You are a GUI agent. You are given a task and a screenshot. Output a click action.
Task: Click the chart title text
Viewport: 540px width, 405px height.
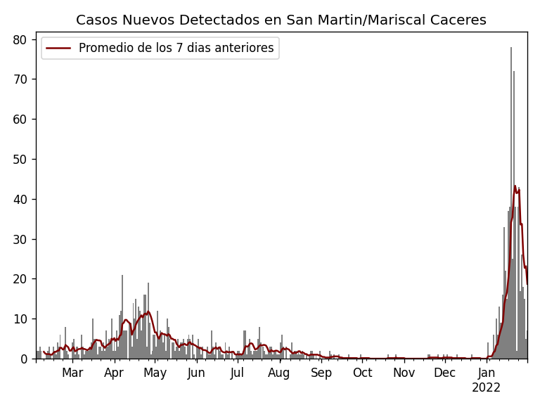[x=281, y=20]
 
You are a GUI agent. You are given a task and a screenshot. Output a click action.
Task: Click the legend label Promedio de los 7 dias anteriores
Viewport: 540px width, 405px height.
[x=176, y=49]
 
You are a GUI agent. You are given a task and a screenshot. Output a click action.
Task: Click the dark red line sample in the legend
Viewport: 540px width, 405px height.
[x=59, y=49]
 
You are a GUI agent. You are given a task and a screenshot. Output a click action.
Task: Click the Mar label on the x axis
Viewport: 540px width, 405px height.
[x=72, y=373]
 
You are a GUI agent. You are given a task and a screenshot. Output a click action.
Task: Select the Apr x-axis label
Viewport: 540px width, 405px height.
[x=114, y=373]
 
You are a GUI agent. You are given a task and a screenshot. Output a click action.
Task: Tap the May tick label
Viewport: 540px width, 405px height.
[x=155, y=373]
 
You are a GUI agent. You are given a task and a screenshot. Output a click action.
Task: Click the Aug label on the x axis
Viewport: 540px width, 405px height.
[x=279, y=373]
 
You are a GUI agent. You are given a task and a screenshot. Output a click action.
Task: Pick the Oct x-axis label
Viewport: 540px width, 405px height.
[x=362, y=373]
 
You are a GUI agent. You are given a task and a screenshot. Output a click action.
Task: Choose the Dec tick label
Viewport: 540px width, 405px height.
[x=444, y=373]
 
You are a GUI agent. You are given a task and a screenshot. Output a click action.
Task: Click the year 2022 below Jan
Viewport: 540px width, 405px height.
[x=486, y=388]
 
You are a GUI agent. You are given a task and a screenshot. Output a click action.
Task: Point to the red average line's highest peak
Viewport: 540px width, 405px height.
[x=515, y=186]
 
